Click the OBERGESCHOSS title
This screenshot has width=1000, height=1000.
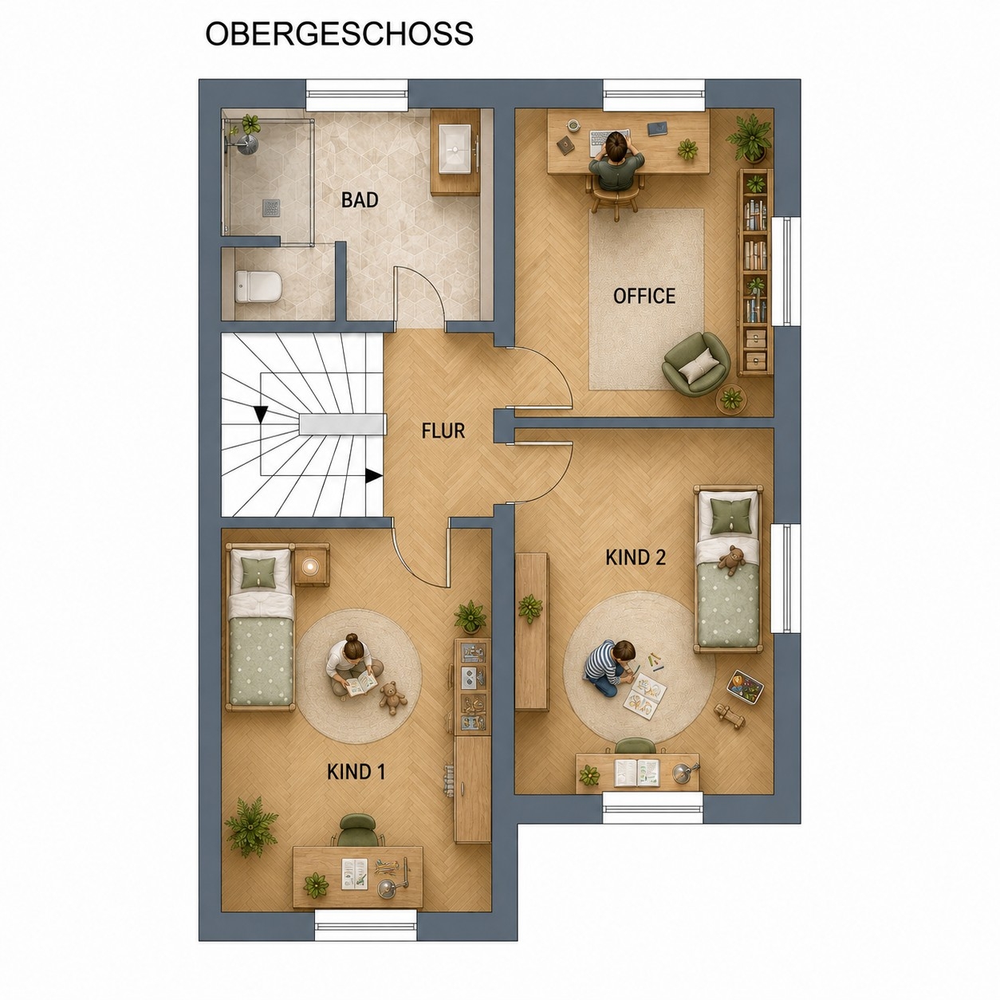tap(340, 34)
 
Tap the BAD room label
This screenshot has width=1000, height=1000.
tap(360, 200)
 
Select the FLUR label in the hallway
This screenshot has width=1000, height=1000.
tap(443, 431)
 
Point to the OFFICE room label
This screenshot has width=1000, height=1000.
tap(644, 297)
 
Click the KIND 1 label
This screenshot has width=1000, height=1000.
tap(356, 772)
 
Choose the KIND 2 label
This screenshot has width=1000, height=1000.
tap(636, 558)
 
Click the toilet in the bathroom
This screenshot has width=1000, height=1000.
tap(258, 286)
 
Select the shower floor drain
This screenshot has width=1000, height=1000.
tap(271, 207)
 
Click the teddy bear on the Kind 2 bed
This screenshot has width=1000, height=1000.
tap(731, 560)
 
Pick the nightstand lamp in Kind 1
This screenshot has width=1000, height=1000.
tap(311, 566)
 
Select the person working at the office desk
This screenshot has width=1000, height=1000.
tap(616, 162)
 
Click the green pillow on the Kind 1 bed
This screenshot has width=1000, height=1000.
tap(260, 572)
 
